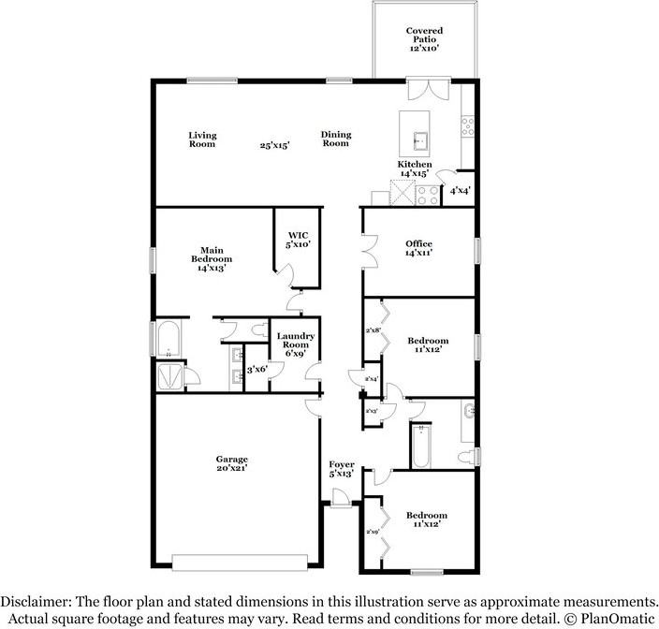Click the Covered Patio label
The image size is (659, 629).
point(424,38)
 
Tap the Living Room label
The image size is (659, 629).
point(202,139)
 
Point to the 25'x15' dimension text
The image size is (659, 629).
point(274,145)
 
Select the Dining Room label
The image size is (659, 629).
point(336,139)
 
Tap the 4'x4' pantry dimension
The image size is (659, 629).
point(459,191)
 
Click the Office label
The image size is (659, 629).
point(418,248)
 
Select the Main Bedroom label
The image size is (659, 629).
point(212,258)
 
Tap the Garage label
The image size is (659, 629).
point(232,464)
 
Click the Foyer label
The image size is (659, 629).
point(341,469)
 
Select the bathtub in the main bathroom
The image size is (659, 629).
point(169,341)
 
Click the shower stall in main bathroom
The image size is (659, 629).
point(169,375)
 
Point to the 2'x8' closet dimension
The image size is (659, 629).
point(373,330)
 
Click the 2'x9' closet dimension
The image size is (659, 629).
point(373,532)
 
